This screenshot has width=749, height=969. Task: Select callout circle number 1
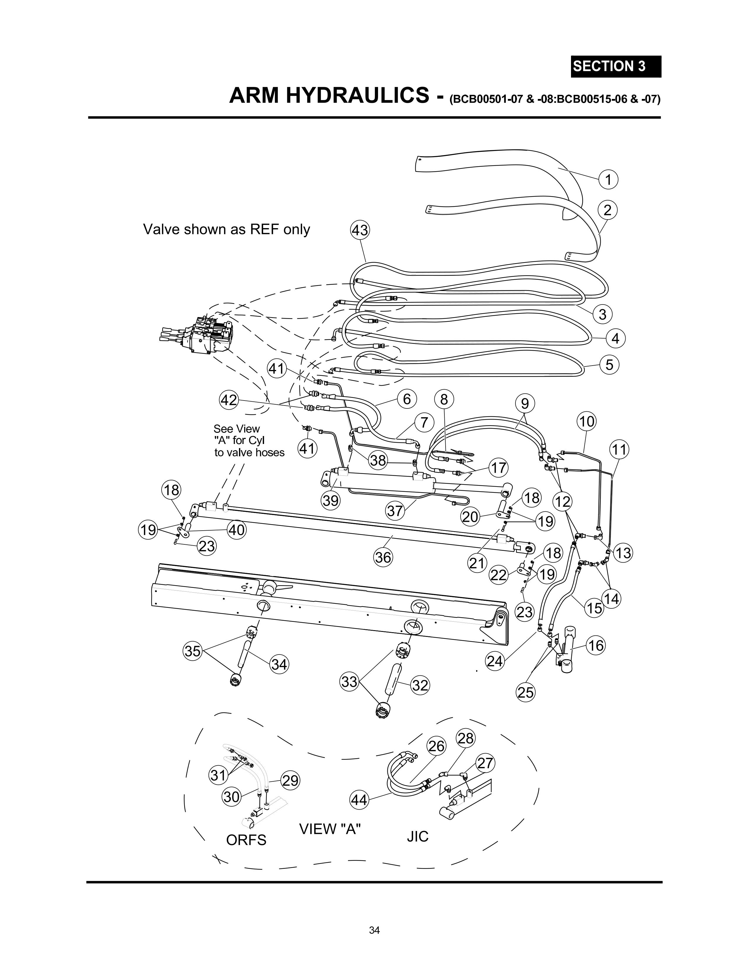(608, 180)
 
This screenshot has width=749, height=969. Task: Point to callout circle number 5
(609, 365)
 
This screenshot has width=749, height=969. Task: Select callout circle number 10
(587, 421)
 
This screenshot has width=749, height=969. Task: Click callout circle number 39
(330, 500)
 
